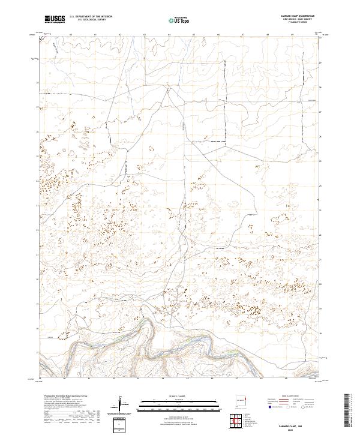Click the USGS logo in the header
coord(54,20)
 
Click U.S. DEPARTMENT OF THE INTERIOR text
coord(90,17)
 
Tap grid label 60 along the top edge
coord(71,34)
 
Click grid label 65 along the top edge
coord(194,34)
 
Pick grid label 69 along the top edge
coord(292,34)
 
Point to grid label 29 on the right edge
coord(320,62)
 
